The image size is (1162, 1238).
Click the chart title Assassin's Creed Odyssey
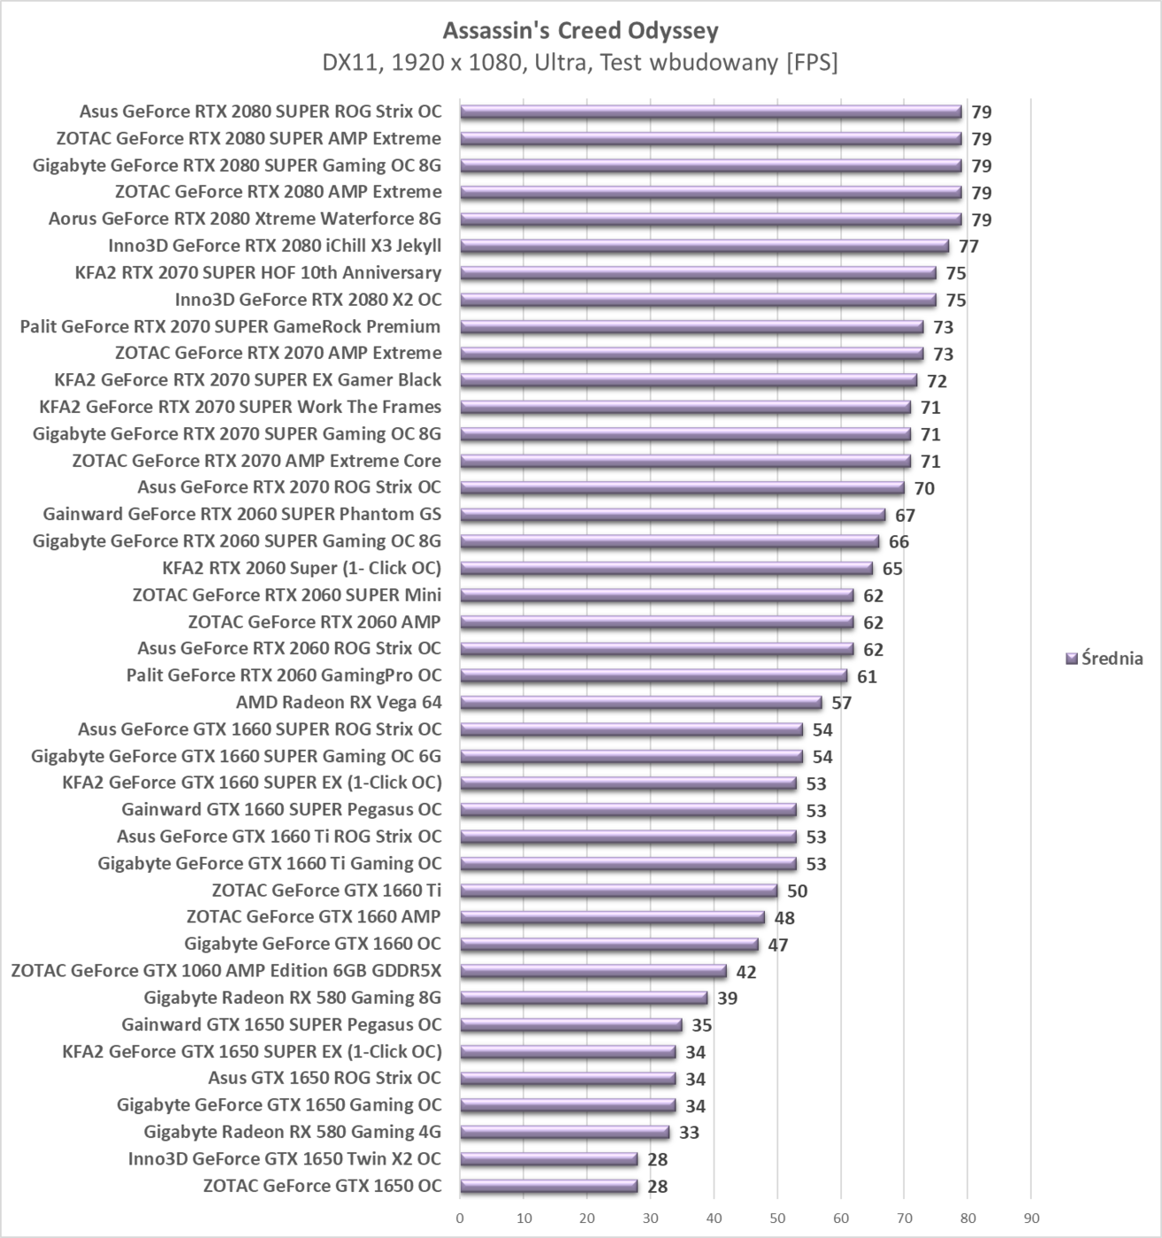tap(580, 31)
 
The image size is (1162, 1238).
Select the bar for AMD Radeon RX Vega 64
tap(640, 703)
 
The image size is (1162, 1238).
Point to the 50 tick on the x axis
tap(777, 1218)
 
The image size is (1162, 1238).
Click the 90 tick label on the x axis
tap(1031, 1218)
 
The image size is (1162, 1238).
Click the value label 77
tap(968, 247)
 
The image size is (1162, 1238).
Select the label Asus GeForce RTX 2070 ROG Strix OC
tap(288, 487)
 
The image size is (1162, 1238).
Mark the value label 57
tap(841, 703)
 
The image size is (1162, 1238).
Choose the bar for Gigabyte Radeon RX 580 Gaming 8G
tap(584, 998)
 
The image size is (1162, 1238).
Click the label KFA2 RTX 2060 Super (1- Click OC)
tap(301, 568)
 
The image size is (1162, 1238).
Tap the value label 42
tap(745, 972)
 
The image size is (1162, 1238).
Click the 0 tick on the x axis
tap(460, 1218)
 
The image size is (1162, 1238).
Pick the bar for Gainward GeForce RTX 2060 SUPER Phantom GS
tap(672, 515)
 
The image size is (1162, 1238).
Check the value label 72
tap(936, 381)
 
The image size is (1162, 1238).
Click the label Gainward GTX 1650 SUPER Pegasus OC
tap(281, 1025)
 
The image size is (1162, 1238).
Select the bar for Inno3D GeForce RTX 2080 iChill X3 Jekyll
tap(704, 247)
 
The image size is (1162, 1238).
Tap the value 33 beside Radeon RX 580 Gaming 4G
tap(689, 1133)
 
